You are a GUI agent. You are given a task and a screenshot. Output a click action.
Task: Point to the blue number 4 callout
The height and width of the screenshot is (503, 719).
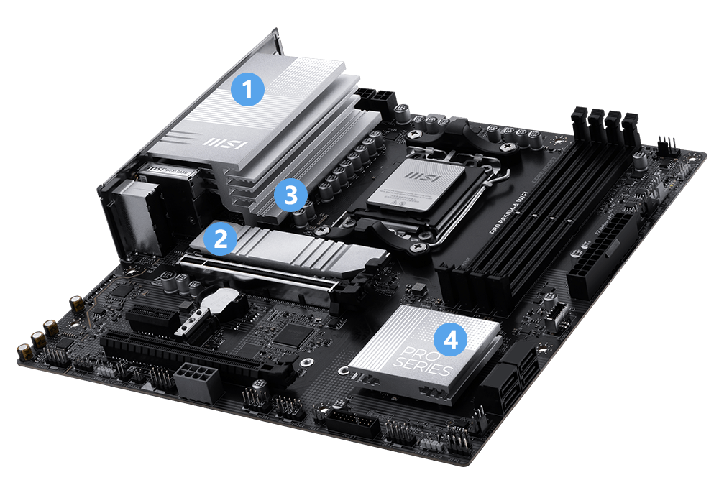451,339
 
